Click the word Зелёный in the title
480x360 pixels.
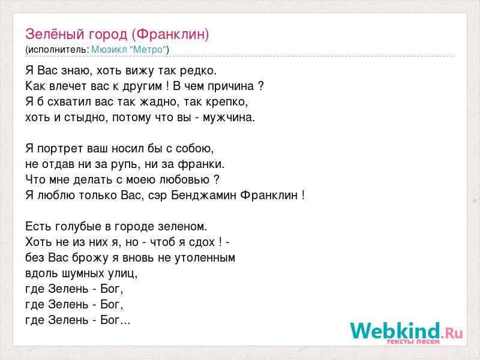(55, 34)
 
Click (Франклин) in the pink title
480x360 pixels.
(170, 35)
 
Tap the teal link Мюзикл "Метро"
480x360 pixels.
(129, 49)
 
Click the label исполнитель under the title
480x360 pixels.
(58, 50)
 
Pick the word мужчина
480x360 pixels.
(227, 118)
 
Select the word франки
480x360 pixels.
(200, 164)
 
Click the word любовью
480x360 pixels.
(185, 179)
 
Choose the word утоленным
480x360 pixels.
(205, 258)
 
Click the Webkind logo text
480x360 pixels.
(395, 331)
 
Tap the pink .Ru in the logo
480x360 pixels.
(452, 333)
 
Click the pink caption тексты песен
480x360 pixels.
(413, 341)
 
